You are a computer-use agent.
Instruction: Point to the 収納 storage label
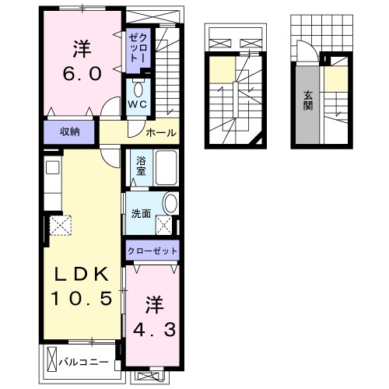coord(71,131)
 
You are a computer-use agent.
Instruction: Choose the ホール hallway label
coord(160,131)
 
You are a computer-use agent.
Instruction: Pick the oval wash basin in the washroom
coord(170,205)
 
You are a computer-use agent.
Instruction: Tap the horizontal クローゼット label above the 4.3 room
coord(153,251)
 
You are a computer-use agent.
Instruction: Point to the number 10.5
coord(82,298)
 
